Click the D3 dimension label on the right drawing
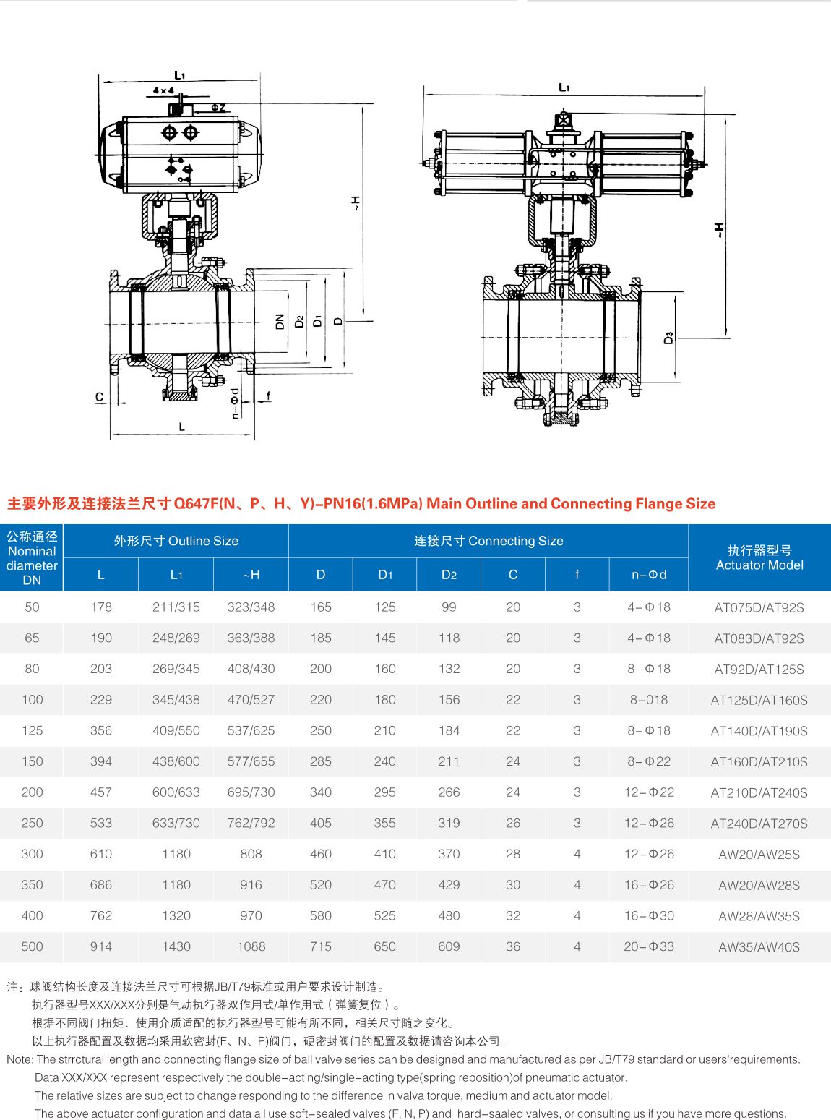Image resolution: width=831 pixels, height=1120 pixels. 668,337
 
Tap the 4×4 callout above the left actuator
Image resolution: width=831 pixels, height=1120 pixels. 163,90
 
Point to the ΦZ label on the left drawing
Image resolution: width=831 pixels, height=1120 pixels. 218,108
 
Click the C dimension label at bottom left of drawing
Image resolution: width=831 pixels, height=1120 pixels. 100,397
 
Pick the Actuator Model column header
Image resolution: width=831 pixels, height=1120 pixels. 759,557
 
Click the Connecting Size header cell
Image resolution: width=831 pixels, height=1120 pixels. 488,541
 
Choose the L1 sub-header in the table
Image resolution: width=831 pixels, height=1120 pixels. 176,575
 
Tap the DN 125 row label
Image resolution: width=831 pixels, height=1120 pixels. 32,730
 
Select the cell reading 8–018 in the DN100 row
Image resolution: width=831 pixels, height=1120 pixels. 648,699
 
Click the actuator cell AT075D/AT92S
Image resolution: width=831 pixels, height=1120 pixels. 759,607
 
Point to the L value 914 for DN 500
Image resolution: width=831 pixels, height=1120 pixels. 101,946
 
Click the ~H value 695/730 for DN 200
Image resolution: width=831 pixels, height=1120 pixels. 251,792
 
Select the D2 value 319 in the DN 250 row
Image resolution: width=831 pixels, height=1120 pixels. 449,823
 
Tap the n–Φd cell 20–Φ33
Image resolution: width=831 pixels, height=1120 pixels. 648,946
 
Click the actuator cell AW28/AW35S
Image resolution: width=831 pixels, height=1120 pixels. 759,915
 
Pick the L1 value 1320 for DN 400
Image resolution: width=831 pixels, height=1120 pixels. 176,915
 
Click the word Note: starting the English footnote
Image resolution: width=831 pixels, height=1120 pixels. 20,1059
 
